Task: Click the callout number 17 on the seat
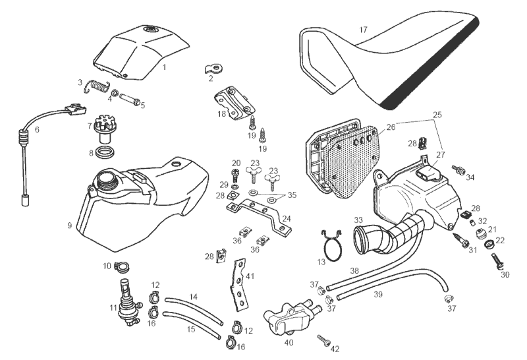(x=364, y=30)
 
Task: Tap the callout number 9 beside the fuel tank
(x=69, y=225)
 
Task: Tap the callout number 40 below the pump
(x=289, y=343)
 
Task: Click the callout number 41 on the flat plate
(x=251, y=278)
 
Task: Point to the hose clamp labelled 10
(x=121, y=267)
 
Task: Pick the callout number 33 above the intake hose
(x=359, y=220)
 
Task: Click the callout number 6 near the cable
(x=37, y=130)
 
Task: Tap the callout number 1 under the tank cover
(x=165, y=67)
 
